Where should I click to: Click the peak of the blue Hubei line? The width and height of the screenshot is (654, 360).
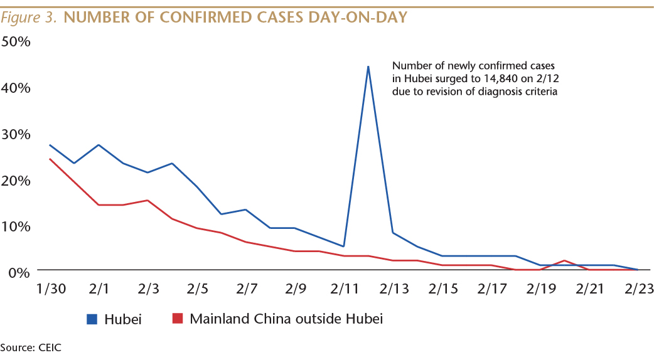coord(368,66)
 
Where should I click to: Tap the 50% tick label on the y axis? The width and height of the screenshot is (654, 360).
coord(16,41)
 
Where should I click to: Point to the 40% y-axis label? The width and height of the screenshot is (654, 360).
coord(16,88)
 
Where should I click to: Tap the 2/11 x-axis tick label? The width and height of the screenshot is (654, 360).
coord(343,289)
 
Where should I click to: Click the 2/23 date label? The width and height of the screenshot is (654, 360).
coord(638,289)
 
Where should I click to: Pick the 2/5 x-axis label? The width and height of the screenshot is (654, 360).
coord(196,289)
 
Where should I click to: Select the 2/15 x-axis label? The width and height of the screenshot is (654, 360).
coord(442,289)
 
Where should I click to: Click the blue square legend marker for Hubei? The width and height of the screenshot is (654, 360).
coord(92,319)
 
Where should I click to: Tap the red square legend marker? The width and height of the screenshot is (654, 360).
coord(178,319)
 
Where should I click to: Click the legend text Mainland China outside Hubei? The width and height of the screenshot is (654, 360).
coord(286,319)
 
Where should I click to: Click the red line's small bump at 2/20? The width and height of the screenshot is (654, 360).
coord(564,260)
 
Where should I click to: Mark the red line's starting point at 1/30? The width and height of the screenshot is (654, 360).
coord(50,159)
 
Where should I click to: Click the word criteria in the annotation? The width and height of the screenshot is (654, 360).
coord(541,91)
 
